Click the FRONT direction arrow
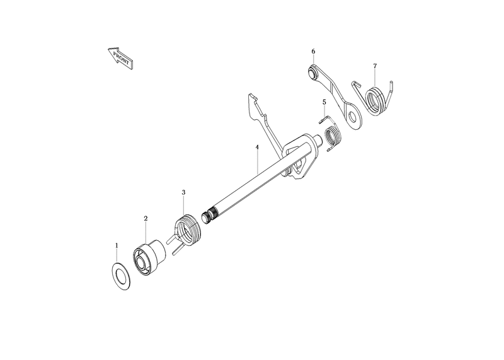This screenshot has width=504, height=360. click(120, 58)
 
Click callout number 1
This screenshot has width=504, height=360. click(117, 245)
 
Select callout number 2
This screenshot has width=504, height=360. click(146, 218)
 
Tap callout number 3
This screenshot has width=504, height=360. click(183, 192)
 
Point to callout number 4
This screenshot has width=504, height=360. click(257, 147)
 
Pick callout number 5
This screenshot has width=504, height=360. click(324, 102)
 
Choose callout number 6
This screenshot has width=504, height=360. click(313, 52)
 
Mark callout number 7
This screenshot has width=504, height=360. click(375, 66)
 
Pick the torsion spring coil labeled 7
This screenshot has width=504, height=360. click(375, 101)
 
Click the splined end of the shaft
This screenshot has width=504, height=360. click(209, 215)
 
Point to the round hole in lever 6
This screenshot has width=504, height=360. click(353, 117)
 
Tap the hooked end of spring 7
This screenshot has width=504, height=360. click(357, 84)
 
